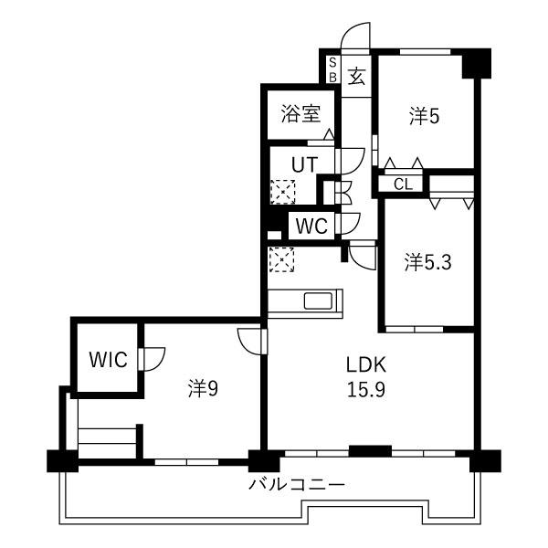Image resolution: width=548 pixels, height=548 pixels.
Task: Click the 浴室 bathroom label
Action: click(300, 114)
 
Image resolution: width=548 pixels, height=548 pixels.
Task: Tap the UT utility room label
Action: click(305, 164)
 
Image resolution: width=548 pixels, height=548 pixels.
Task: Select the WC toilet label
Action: click(311, 226)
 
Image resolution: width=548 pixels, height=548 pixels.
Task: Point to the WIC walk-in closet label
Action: click(108, 359)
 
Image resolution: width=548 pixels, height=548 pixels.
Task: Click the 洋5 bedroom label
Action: click(425, 116)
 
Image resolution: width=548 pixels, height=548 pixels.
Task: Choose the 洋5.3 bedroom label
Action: click(427, 262)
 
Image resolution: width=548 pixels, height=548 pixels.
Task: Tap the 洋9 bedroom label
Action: click(203, 388)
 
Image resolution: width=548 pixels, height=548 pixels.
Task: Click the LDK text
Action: click(366, 364)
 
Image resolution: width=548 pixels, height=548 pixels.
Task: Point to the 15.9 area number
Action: click(366, 389)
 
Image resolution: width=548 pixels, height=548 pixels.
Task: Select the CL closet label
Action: click(403, 184)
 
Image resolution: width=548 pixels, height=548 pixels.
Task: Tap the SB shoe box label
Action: click(332, 70)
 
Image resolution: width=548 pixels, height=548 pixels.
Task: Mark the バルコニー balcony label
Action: click(297, 484)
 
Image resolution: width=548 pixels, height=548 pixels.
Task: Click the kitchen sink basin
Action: click(318, 300)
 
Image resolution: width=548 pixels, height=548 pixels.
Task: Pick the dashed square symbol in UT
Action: click(283, 192)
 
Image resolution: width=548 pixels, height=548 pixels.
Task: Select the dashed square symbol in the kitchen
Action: click(281, 259)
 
